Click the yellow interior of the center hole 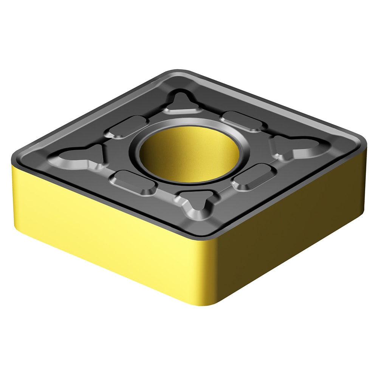tap(189, 151)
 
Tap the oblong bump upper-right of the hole tap(242, 121)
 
